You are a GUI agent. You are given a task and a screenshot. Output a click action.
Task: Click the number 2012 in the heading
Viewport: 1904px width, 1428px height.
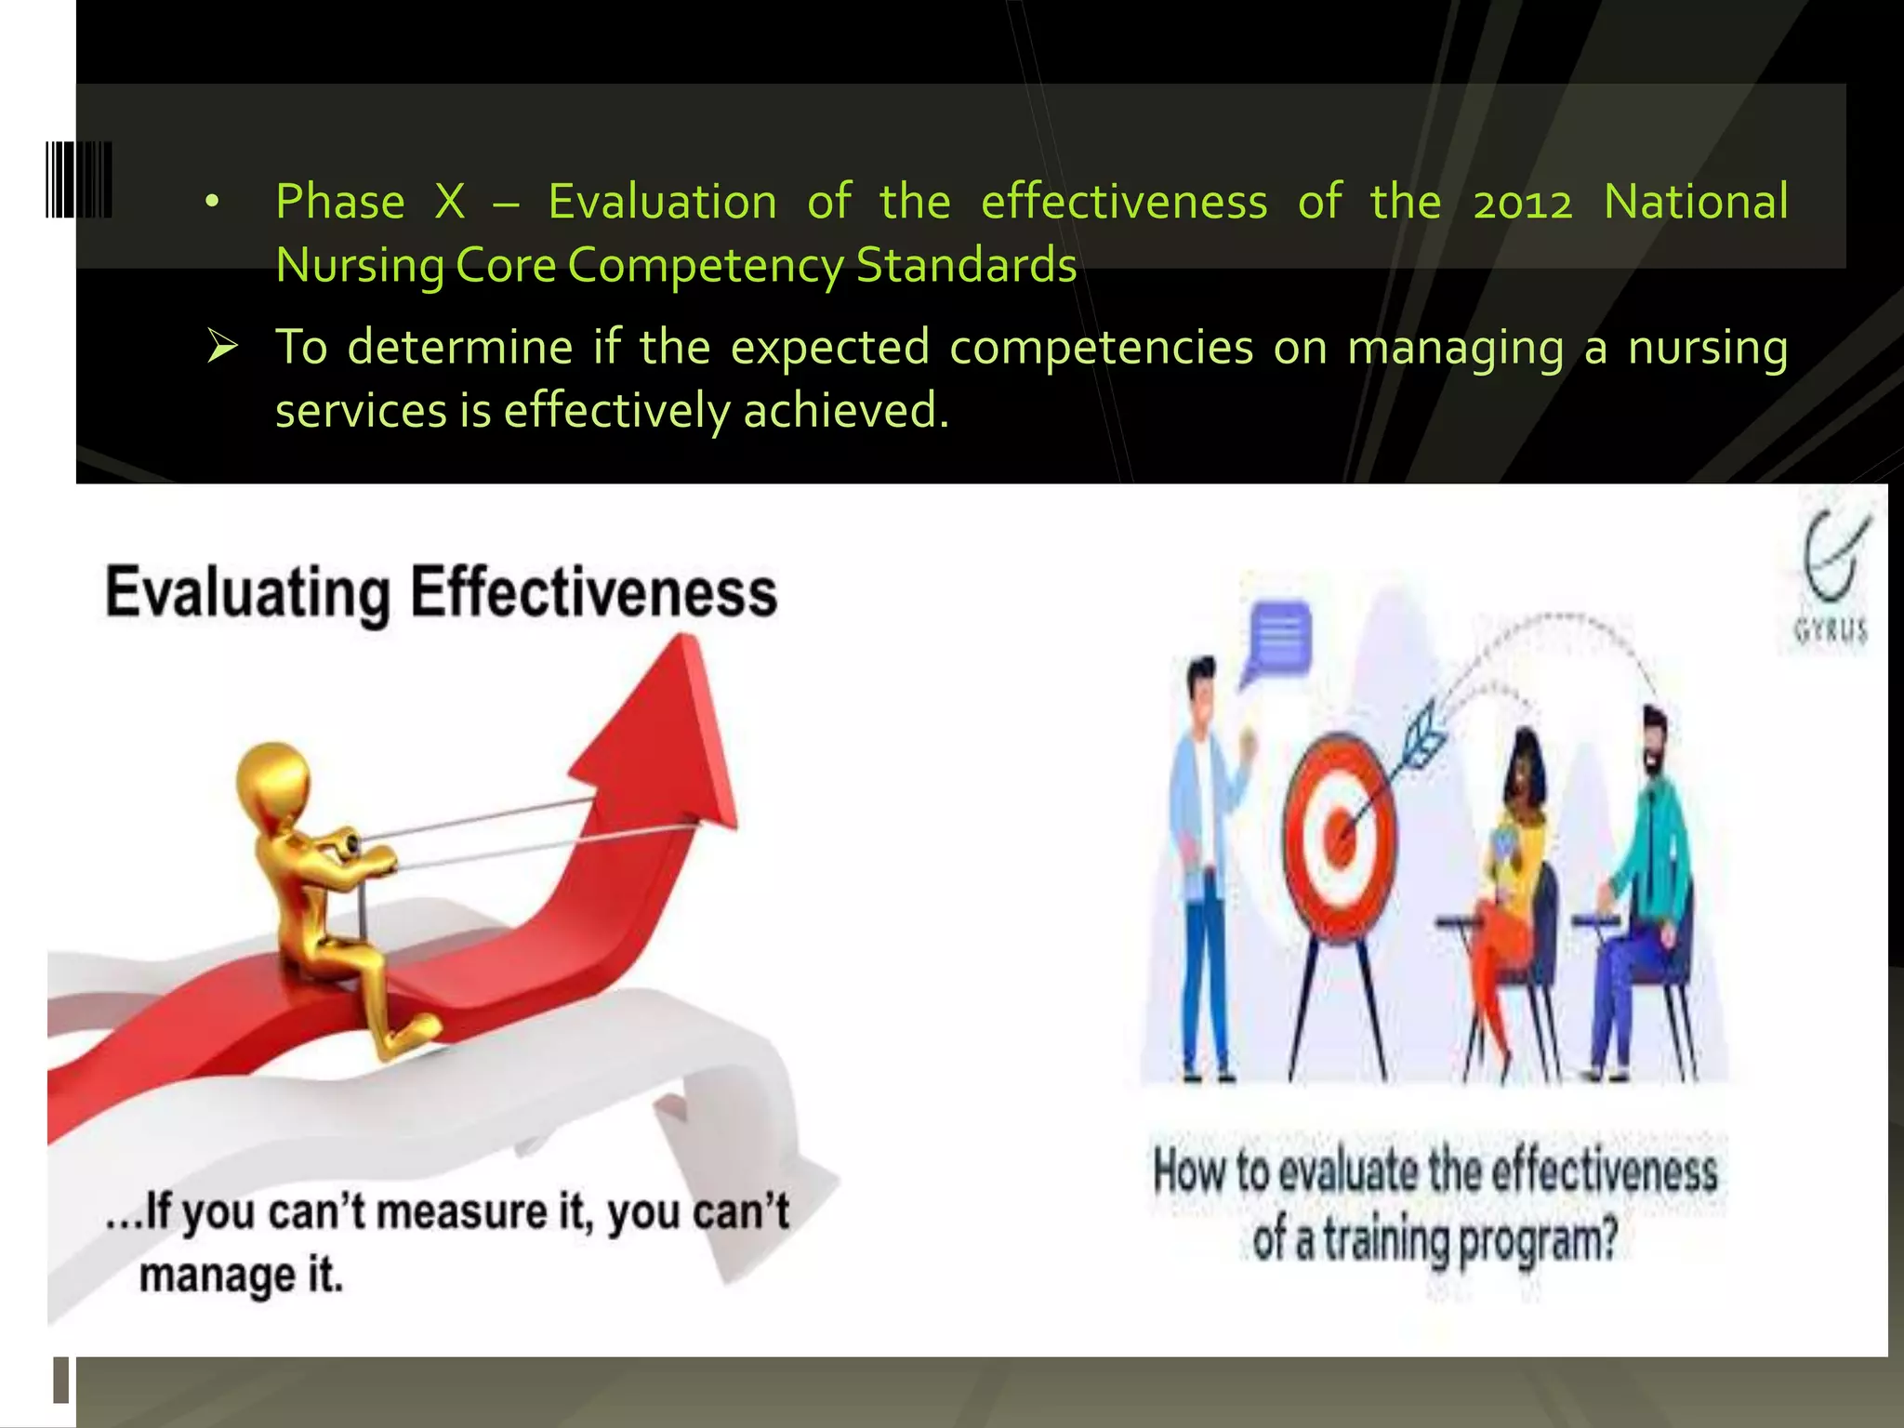coord(1522,203)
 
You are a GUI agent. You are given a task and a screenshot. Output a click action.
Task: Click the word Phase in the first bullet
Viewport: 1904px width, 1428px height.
coord(340,203)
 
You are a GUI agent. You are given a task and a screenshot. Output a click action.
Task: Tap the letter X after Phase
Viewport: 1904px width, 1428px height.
coord(450,203)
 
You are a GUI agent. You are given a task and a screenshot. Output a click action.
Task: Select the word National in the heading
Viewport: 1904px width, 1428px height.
coord(1695,203)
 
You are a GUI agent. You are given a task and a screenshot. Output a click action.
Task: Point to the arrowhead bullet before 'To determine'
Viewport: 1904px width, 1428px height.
coord(223,347)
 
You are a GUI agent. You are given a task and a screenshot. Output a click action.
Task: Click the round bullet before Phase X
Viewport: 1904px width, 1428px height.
coord(213,202)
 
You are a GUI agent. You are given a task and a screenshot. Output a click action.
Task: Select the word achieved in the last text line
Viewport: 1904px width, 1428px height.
coord(845,411)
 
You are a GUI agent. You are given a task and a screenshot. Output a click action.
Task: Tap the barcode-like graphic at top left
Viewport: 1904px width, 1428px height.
coord(79,179)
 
